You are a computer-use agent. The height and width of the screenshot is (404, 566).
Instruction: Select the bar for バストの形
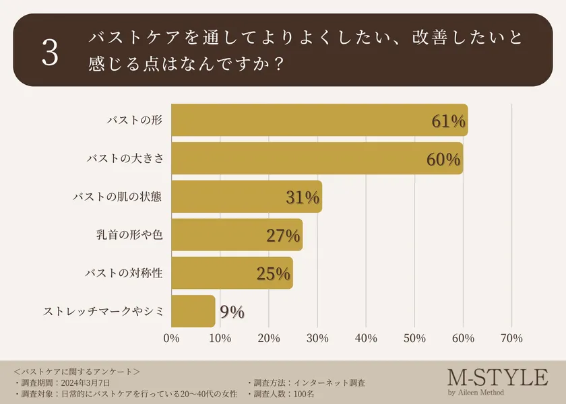click(303, 121)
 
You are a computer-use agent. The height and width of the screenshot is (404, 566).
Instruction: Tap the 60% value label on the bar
click(443, 160)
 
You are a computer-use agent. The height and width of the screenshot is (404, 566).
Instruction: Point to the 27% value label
click(282, 236)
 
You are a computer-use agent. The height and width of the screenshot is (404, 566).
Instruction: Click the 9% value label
click(231, 312)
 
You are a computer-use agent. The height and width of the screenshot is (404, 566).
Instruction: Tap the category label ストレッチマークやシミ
click(104, 312)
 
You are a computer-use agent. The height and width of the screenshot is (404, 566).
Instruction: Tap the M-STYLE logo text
click(497, 378)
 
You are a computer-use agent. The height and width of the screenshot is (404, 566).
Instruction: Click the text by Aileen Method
click(475, 393)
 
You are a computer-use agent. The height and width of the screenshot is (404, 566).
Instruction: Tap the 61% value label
click(448, 121)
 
